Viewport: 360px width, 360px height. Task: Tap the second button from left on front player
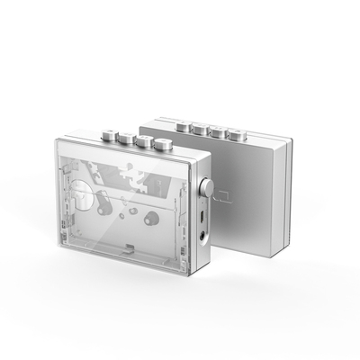tap(124, 137)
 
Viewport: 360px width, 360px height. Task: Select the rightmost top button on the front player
tap(163, 144)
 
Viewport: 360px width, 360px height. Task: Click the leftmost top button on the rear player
tap(184, 124)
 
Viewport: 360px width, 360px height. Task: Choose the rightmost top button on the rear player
tap(237, 136)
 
